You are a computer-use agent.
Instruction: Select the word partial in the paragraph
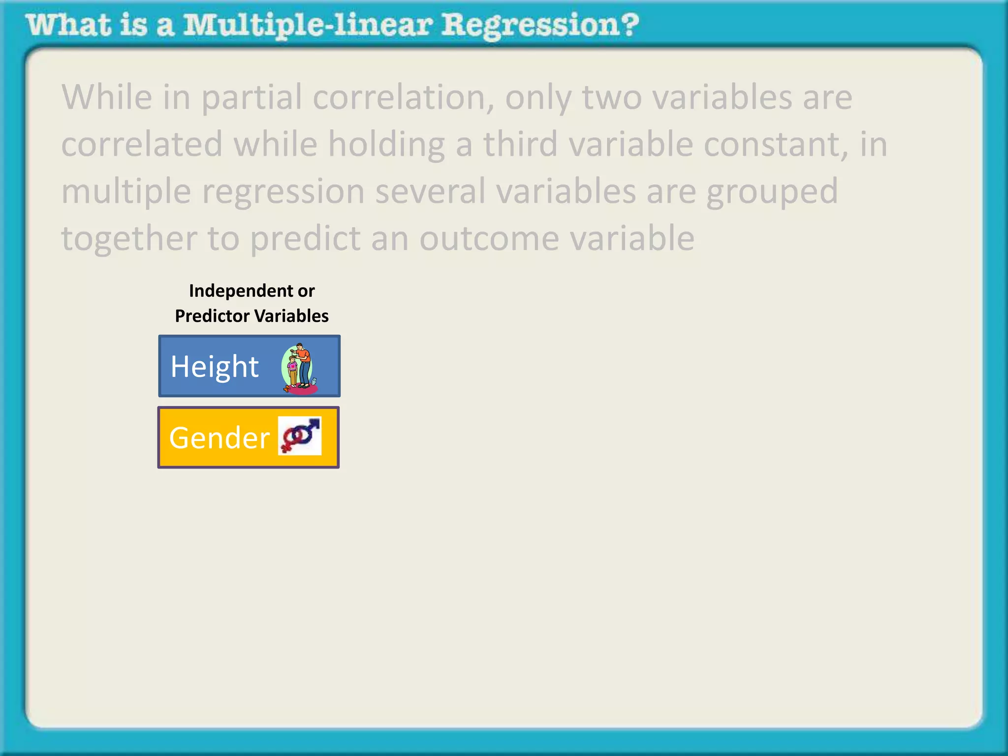pyautogui.click(x=252, y=97)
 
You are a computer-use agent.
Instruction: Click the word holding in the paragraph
pyautogui.click(x=386, y=144)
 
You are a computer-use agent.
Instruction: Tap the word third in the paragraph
pyautogui.click(x=521, y=144)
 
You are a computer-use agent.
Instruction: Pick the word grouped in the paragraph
pyautogui.click(x=772, y=192)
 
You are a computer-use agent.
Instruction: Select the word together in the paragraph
pyautogui.click(x=129, y=238)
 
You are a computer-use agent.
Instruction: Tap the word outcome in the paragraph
pyautogui.click(x=489, y=238)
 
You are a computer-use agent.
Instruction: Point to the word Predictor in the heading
pyautogui.click(x=212, y=316)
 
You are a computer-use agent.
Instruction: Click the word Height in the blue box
pyautogui.click(x=215, y=367)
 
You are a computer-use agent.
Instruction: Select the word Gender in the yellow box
pyautogui.click(x=219, y=438)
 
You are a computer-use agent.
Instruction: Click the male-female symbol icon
pyautogui.click(x=300, y=436)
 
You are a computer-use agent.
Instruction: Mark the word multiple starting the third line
pyautogui.click(x=126, y=192)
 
